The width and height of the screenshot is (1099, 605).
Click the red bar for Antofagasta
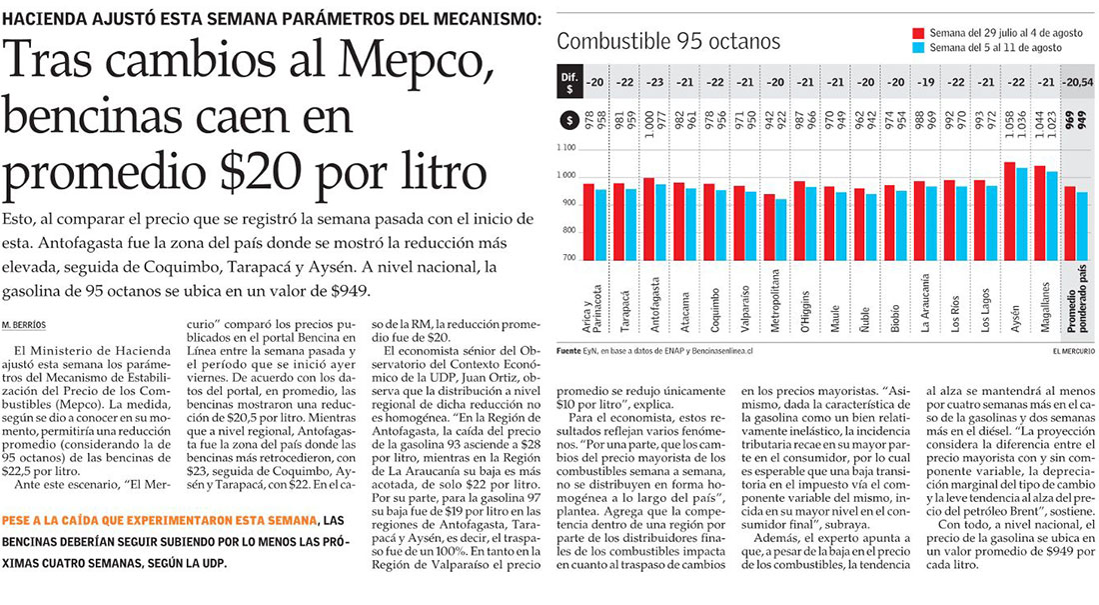point(649,219)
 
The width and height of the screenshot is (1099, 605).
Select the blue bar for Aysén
point(1021,213)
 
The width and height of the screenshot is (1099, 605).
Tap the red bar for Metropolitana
point(768,226)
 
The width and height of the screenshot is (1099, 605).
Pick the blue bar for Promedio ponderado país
point(1081,225)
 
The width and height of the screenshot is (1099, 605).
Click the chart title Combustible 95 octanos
point(668,41)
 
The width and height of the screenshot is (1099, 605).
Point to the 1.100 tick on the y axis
point(566,149)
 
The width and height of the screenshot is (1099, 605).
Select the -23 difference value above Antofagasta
point(655,82)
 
